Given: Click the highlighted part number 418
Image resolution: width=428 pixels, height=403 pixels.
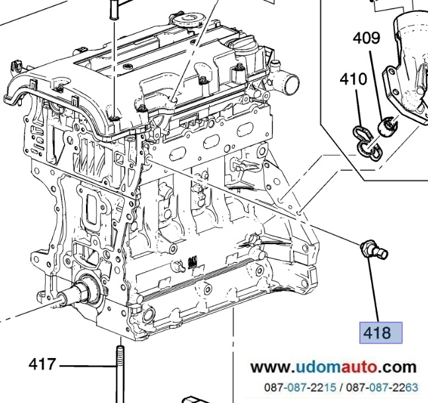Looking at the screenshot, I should (380, 332).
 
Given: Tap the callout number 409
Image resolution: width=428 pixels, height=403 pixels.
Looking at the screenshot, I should (365, 38).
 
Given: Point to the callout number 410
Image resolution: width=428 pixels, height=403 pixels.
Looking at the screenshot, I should (353, 80).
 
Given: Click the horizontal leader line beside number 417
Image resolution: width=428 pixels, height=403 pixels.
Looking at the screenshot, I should (83, 365).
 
